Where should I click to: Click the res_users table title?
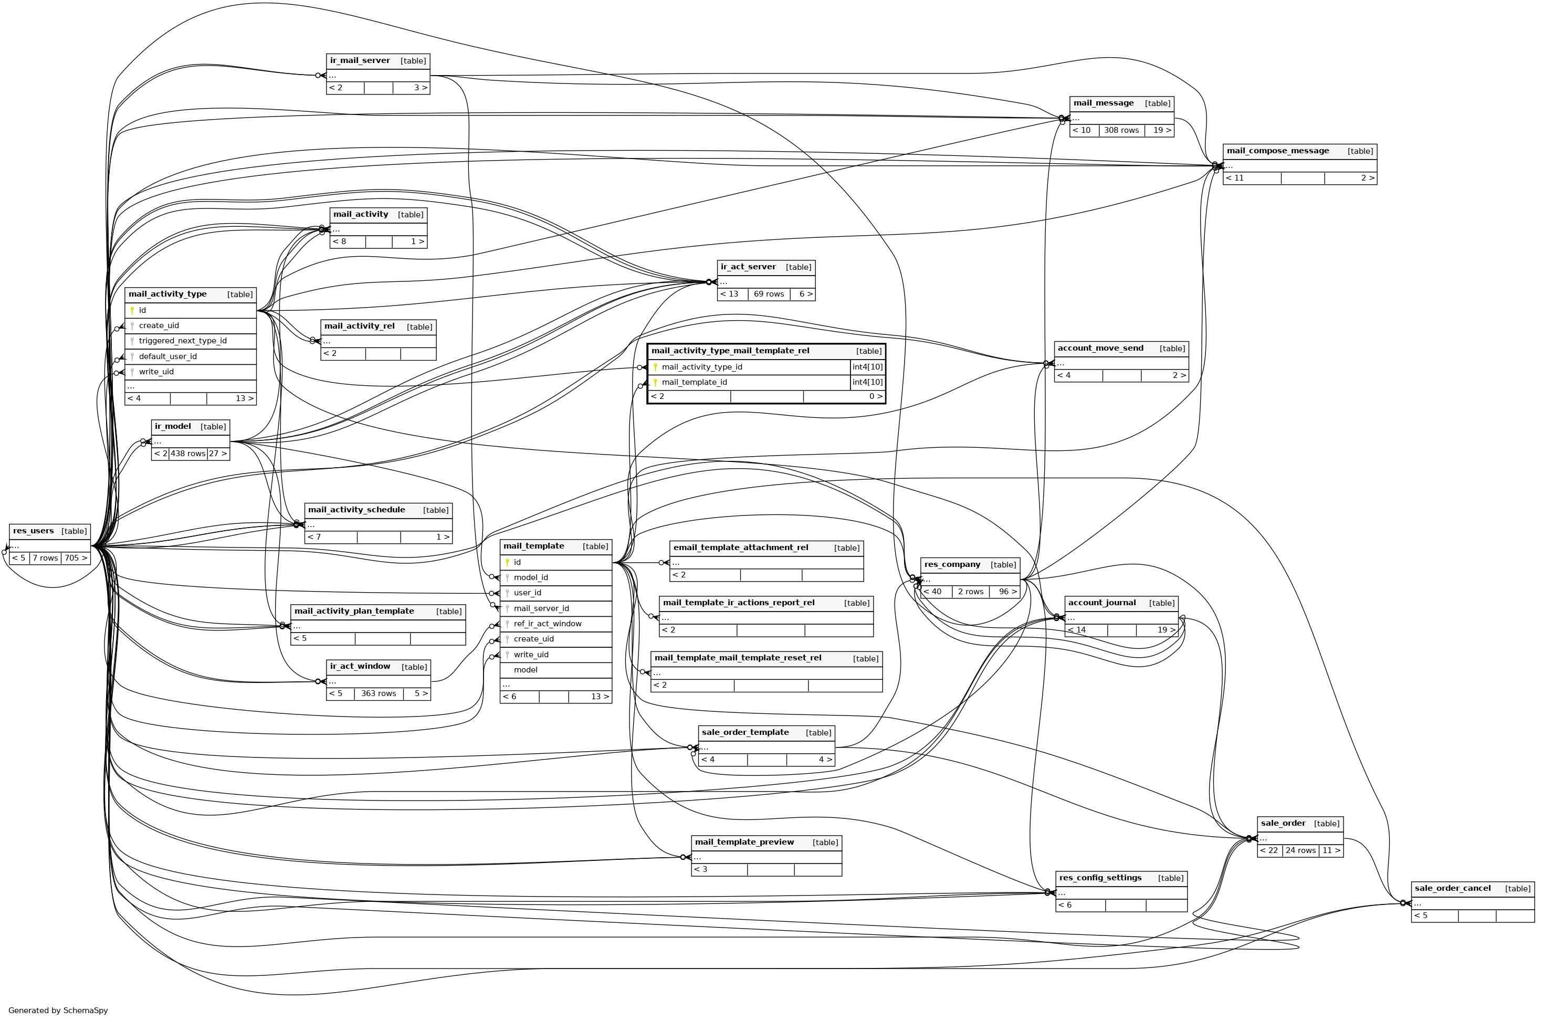pyautogui.click(x=33, y=531)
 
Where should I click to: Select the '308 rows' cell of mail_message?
pyautogui.click(x=1121, y=130)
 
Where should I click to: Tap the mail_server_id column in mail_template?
pyautogui.click(x=541, y=609)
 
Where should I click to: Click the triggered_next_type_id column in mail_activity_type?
pyautogui.click(x=182, y=341)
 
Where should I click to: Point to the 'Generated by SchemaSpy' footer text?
pyautogui.click(x=58, y=1011)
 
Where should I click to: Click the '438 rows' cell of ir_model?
pyautogui.click(x=187, y=454)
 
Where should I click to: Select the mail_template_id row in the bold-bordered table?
pyautogui.click(x=694, y=383)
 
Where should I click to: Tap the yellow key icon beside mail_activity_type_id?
pyautogui.click(x=655, y=367)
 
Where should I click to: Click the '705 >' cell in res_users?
pyautogui.click(x=76, y=558)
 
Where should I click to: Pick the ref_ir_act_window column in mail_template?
pyautogui.click(x=548, y=624)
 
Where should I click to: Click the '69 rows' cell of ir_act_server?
pyautogui.click(x=769, y=294)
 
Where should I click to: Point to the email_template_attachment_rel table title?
pyautogui.click(x=741, y=548)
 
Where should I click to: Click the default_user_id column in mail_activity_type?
pyautogui.click(x=167, y=357)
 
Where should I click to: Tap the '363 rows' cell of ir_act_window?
pyautogui.click(x=378, y=693)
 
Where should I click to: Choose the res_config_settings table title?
pyautogui.click(x=1100, y=878)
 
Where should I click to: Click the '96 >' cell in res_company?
pyautogui.click(x=1007, y=592)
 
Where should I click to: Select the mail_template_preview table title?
pyautogui.click(x=744, y=843)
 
